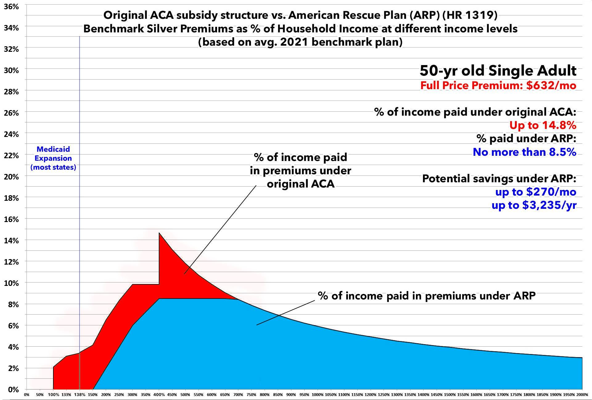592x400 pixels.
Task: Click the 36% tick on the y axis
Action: tap(11, 6)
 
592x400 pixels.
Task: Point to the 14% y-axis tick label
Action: tap(11, 241)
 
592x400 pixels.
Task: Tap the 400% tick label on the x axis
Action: tap(159, 395)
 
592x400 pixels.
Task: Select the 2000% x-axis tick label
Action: tap(582, 395)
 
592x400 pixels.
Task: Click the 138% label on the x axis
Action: tap(80, 395)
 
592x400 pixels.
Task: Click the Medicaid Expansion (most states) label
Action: tap(53, 158)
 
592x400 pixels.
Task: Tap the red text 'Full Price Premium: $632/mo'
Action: tap(498, 85)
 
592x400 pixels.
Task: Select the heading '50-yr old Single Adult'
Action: tap(498, 71)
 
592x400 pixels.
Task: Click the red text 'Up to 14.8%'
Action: tap(543, 125)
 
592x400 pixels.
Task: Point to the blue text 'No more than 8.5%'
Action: tap(524, 152)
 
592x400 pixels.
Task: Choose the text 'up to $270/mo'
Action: tap(536, 192)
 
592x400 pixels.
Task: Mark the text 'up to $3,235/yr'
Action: tap(534, 205)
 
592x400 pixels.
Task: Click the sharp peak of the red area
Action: tap(159, 233)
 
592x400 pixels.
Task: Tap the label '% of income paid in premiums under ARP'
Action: tap(427, 296)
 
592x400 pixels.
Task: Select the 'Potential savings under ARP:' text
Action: tap(499, 179)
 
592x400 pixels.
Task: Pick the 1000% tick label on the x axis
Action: tap(317, 395)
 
